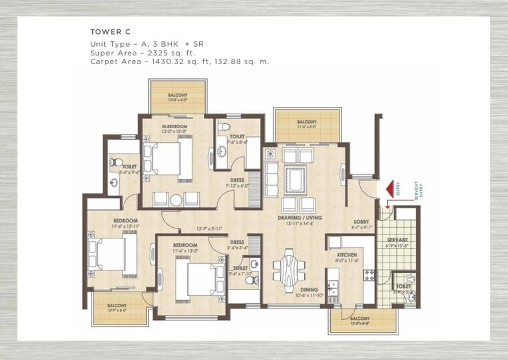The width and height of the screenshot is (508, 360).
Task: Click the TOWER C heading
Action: coord(106,31)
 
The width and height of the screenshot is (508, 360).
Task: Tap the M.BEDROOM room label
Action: coord(174,126)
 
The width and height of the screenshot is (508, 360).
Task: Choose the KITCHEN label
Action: coord(347,255)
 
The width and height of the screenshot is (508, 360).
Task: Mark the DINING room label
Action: coord(309,289)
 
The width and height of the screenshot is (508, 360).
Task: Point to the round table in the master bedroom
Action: coord(176,200)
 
